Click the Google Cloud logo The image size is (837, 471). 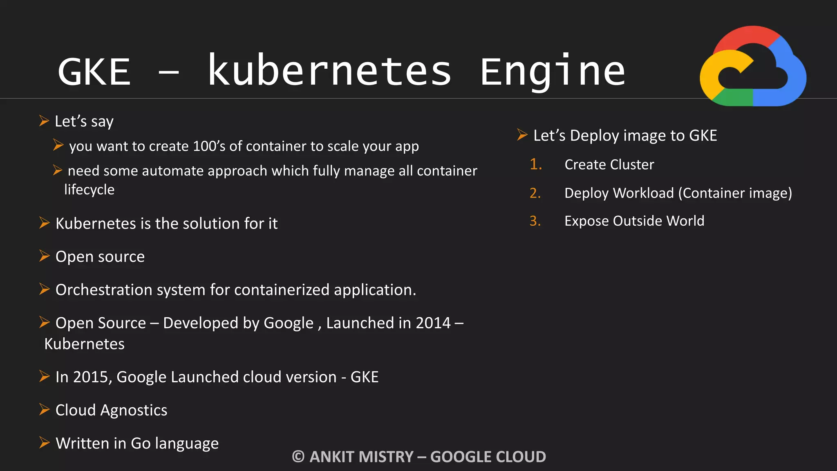(x=753, y=66)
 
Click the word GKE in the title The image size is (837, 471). (x=94, y=72)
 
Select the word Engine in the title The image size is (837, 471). (x=553, y=72)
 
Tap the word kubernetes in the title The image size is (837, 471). (x=329, y=71)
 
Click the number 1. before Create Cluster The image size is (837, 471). (x=535, y=164)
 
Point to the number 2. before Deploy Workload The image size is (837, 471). (x=535, y=193)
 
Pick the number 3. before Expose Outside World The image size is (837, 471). (x=535, y=221)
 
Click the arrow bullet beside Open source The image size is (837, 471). (x=44, y=256)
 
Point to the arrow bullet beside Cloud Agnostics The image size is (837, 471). (x=44, y=409)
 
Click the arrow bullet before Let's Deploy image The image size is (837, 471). (x=522, y=135)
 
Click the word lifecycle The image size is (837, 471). (x=90, y=190)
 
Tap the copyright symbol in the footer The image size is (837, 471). (x=298, y=457)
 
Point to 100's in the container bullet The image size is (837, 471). (x=209, y=146)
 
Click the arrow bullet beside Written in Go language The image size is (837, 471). (x=44, y=442)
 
